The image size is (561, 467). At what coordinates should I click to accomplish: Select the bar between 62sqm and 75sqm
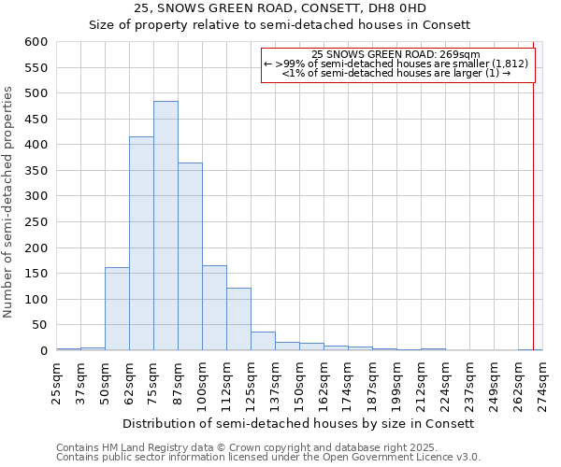[141, 244]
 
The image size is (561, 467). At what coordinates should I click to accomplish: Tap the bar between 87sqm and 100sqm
[190, 257]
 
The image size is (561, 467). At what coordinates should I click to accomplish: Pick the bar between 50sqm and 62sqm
[117, 309]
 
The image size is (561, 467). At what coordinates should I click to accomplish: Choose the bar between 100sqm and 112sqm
[214, 308]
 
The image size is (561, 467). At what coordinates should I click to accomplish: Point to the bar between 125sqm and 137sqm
[263, 341]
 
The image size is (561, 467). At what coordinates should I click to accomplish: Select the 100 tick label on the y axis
[36, 300]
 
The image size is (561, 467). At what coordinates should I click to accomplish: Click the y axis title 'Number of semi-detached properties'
[9, 202]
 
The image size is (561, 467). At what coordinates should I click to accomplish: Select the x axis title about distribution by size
[299, 423]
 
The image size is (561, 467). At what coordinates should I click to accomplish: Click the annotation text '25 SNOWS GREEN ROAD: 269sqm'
[396, 54]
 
